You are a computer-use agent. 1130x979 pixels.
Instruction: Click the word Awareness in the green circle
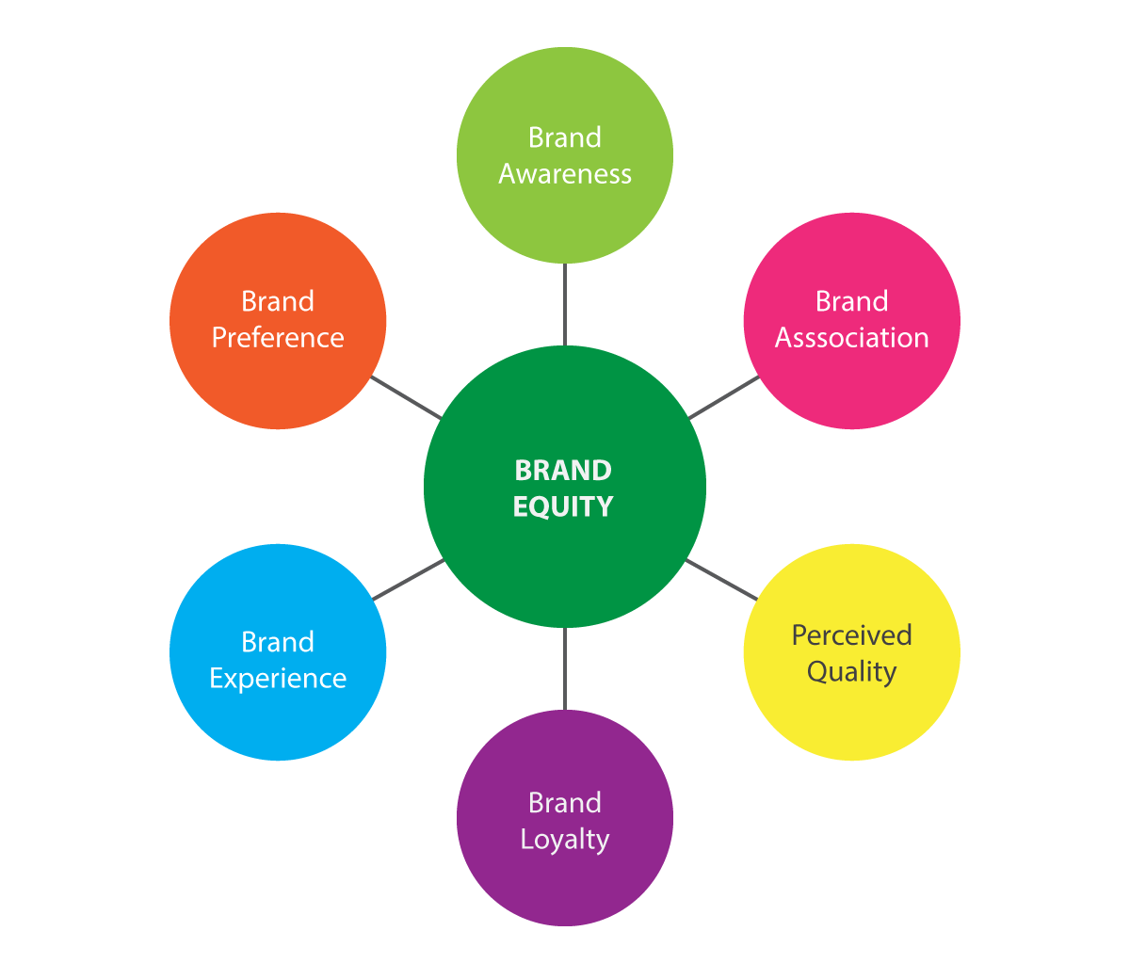565,174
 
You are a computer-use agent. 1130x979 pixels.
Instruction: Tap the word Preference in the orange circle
278,338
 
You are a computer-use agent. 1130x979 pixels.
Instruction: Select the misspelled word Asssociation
851,338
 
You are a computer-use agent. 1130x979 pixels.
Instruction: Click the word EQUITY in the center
563,506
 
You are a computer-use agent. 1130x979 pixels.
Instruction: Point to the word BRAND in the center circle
563,470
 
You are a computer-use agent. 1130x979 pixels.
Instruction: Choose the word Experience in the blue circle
278,680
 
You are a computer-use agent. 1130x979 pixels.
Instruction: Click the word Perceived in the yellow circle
851,635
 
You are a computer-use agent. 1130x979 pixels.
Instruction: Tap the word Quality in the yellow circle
851,672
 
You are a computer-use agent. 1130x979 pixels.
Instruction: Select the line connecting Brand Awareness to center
565,304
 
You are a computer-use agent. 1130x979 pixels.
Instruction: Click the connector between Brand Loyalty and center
565,668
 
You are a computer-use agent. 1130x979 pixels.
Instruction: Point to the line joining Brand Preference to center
406,397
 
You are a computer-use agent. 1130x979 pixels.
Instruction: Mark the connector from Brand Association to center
724,397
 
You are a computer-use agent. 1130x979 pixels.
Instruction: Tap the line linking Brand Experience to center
408,580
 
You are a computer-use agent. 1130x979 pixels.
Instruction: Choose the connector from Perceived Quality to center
721,580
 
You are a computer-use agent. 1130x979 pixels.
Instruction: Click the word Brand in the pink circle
851,301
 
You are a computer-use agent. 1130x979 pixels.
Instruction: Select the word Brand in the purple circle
565,803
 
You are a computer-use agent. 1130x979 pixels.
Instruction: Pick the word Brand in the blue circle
278,642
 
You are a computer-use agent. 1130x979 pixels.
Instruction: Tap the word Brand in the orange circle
278,301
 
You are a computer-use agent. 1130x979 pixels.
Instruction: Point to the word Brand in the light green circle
565,137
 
